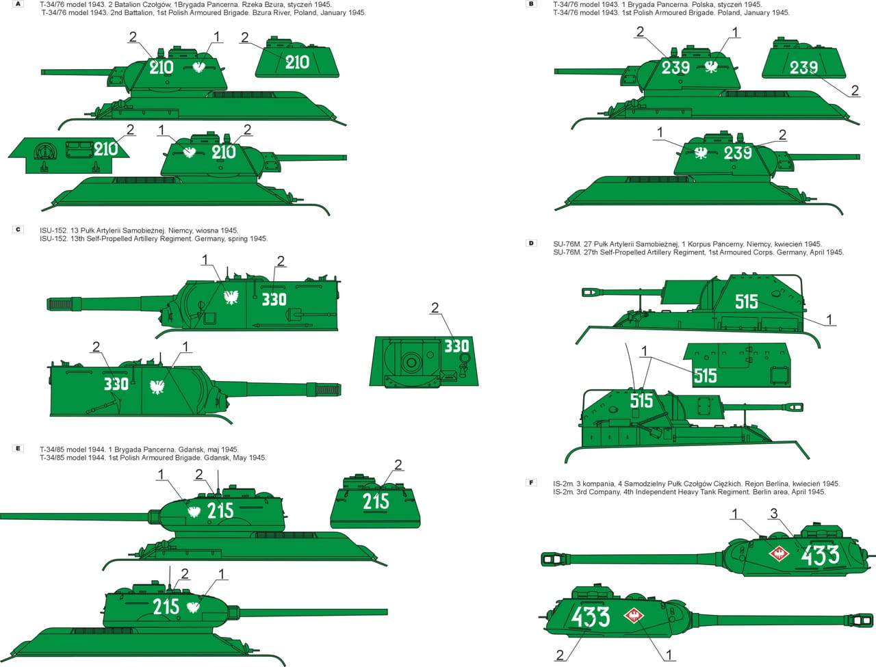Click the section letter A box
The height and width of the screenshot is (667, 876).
point(18,4)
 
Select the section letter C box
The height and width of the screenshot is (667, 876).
point(18,229)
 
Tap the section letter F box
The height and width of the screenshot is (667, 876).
point(531,483)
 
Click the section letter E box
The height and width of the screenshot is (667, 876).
point(18,448)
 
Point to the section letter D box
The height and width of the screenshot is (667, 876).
point(531,243)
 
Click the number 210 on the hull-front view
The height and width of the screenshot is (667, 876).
point(106,149)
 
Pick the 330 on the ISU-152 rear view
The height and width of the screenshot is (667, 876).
point(456,346)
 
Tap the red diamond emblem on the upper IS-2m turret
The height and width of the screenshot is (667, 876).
point(779,553)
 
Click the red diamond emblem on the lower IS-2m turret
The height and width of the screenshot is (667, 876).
point(634,616)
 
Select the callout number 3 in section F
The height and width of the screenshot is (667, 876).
point(774,514)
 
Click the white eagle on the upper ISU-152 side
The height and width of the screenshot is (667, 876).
point(231,298)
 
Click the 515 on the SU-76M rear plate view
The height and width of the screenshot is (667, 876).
point(705,376)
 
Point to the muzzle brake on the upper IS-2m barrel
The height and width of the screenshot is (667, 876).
point(553,559)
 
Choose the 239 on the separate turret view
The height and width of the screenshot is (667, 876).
point(803,68)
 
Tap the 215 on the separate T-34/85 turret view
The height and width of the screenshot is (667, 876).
point(376,501)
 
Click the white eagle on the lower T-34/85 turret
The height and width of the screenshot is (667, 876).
point(194,607)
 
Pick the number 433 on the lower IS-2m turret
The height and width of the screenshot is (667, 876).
point(591,617)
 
